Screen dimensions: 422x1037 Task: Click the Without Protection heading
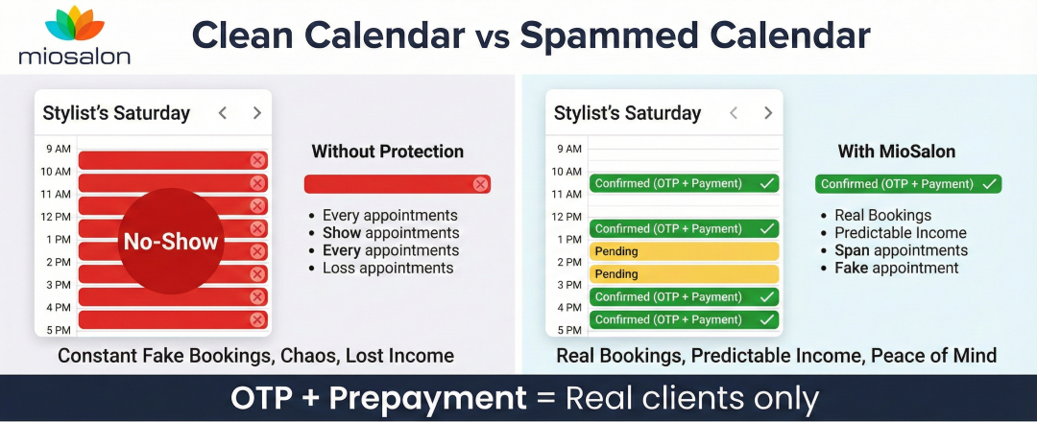click(x=387, y=152)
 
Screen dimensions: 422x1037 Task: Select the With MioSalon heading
click(x=897, y=152)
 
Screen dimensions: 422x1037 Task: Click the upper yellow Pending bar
click(x=683, y=251)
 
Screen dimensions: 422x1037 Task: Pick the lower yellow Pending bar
click(x=683, y=274)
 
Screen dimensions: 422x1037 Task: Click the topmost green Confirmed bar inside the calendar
click(x=683, y=183)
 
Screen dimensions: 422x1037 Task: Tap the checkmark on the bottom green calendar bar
click(x=766, y=319)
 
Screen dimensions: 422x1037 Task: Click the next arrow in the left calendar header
click(x=256, y=113)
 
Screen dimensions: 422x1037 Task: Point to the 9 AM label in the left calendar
click(x=59, y=149)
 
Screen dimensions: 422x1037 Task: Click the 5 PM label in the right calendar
click(x=569, y=330)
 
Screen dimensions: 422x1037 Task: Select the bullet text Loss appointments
click(x=387, y=269)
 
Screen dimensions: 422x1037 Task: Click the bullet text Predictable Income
click(x=900, y=233)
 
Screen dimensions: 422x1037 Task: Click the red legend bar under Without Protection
click(x=397, y=184)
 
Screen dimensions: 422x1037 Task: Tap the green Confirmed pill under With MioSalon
click(x=907, y=184)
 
